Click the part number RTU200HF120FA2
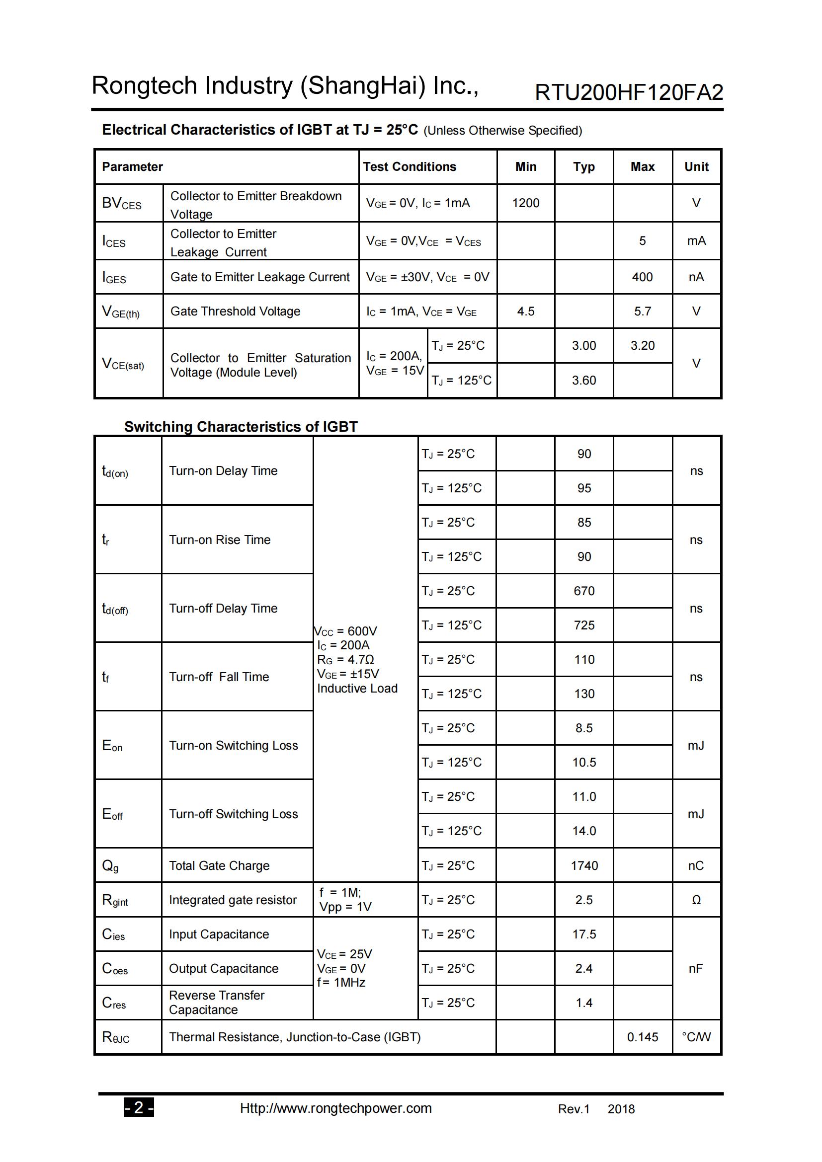point(629,92)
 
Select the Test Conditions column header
point(409,166)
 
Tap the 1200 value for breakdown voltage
point(525,203)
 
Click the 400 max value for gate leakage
point(642,277)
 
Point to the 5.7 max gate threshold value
point(642,311)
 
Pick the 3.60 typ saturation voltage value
point(583,380)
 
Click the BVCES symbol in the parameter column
point(121,204)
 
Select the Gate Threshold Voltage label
point(235,311)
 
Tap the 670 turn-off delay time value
point(583,591)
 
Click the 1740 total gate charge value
point(584,865)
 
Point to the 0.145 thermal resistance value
point(642,1037)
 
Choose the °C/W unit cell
point(696,1037)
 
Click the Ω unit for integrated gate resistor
point(696,900)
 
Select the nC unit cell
point(696,865)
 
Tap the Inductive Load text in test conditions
point(357,688)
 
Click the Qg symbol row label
point(110,866)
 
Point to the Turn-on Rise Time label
point(220,540)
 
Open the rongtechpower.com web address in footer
point(335,1108)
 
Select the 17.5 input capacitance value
point(583,934)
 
